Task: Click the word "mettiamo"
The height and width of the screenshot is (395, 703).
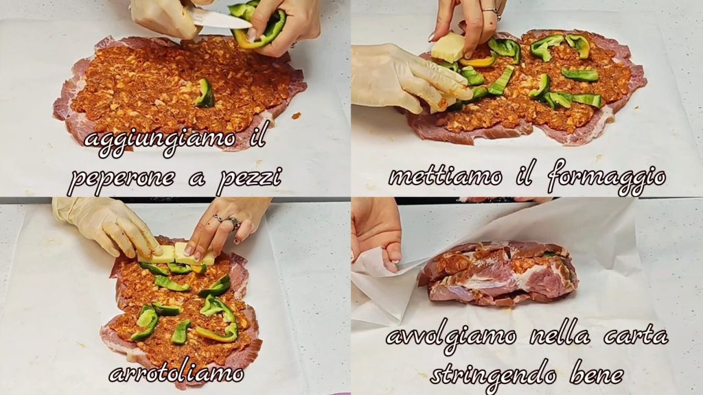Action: point(445,176)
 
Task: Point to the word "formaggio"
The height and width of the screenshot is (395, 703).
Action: point(606,178)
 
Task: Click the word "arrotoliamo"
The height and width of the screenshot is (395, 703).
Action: point(176,374)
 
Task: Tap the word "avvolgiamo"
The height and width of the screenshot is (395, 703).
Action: point(450,337)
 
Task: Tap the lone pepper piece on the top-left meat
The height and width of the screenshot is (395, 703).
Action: point(205,93)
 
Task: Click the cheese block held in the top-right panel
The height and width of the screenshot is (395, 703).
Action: point(448,47)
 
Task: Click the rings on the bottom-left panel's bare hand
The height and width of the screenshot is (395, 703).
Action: point(227,220)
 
